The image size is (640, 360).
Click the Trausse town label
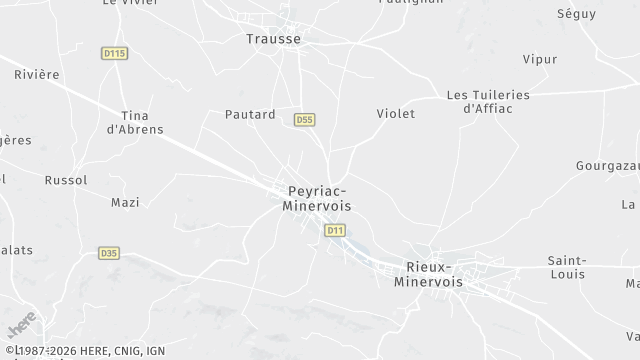(x=273, y=39)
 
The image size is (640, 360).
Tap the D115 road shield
(x=115, y=53)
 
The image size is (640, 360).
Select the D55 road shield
(x=305, y=120)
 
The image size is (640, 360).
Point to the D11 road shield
(x=335, y=230)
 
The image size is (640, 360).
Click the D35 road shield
(x=109, y=253)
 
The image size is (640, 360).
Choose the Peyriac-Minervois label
(x=318, y=197)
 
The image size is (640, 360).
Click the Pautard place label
(x=250, y=115)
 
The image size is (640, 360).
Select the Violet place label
(x=395, y=114)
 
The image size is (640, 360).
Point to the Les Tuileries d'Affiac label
(x=488, y=101)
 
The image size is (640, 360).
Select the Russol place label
(x=66, y=180)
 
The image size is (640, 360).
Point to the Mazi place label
(x=124, y=202)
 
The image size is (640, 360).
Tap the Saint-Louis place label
(x=566, y=267)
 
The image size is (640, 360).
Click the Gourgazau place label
(x=608, y=165)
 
